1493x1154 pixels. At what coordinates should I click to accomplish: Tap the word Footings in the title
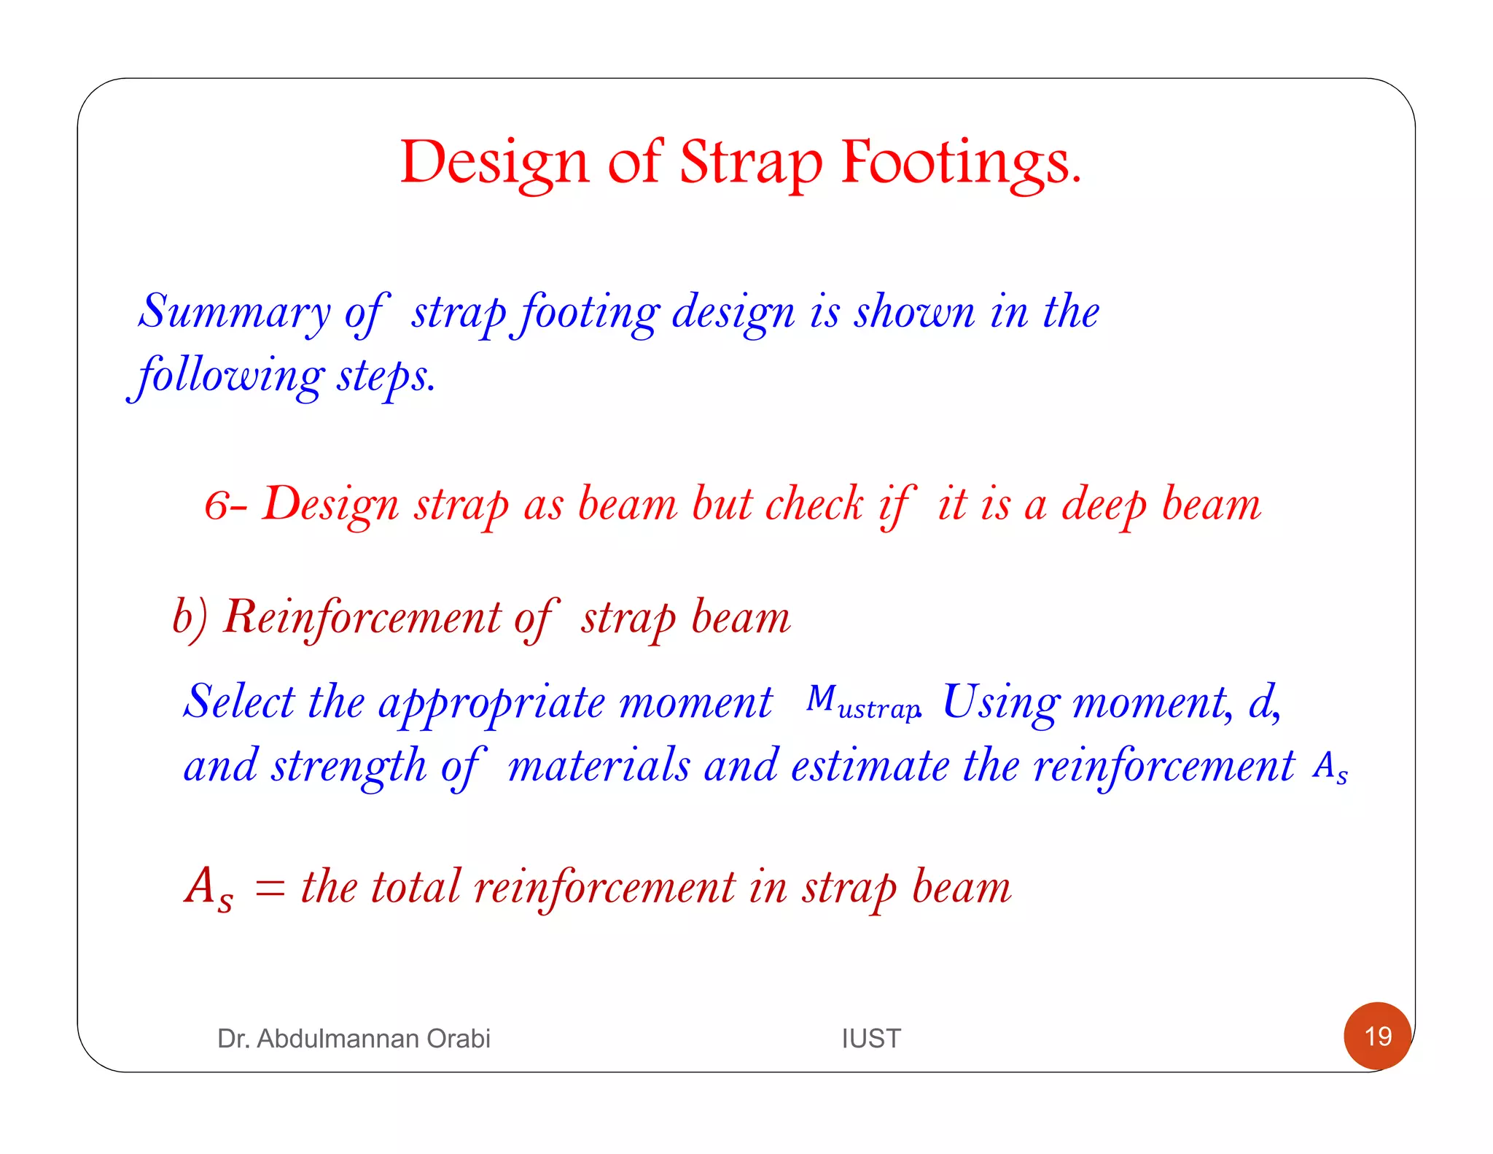point(961,163)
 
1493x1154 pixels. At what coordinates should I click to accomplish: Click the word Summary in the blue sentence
point(235,312)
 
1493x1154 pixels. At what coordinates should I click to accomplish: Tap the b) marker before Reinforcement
point(190,617)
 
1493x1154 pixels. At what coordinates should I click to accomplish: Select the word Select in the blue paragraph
point(238,702)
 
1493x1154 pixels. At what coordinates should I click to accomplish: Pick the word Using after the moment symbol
point(1000,702)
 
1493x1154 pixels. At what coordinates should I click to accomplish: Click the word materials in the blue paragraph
point(599,766)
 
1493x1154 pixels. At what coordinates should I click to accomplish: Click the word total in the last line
point(415,887)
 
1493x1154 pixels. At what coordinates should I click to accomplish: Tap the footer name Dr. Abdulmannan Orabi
point(354,1038)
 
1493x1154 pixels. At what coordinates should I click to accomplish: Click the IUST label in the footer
point(870,1038)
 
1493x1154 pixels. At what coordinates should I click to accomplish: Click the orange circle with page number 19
point(1377,1036)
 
